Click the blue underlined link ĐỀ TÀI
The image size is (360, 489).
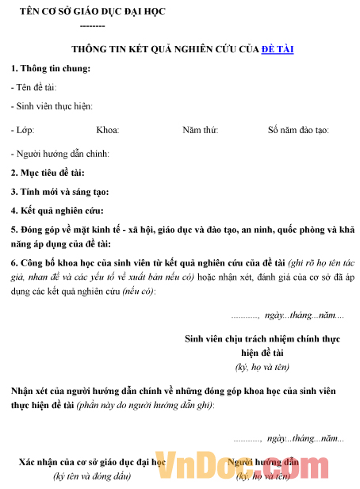click(x=278, y=48)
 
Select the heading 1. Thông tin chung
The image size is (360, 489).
click(x=51, y=68)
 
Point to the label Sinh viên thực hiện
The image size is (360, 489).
click(x=52, y=105)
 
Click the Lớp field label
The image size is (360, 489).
click(x=23, y=130)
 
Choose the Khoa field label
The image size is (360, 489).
click(x=107, y=130)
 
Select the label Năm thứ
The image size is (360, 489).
click(x=201, y=130)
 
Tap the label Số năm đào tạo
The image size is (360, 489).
click(x=298, y=130)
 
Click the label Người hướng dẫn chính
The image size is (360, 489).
click(x=61, y=154)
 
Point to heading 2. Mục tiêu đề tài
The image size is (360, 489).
click(x=48, y=172)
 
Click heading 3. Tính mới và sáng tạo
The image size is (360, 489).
click(x=60, y=191)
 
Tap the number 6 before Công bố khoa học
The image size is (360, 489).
click(x=13, y=263)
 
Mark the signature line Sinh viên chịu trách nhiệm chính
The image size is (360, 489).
click(x=262, y=338)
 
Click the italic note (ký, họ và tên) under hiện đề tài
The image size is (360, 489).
click(x=262, y=366)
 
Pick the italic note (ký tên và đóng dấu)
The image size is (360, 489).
click(x=92, y=476)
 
